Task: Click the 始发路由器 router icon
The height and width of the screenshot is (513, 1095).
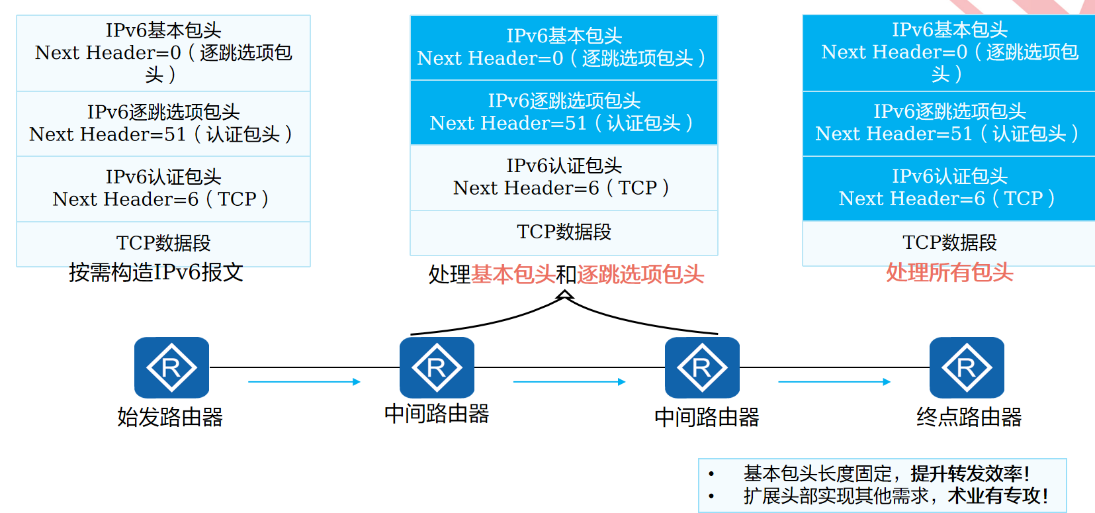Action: pyautogui.click(x=171, y=367)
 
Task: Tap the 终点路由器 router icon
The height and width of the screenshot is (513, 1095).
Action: pyautogui.click(x=967, y=367)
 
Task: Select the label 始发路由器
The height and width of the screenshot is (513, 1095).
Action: pyautogui.click(x=170, y=417)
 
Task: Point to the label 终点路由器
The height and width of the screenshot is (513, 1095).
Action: pyautogui.click(x=969, y=417)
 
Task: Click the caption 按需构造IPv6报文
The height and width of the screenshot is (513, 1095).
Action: pyautogui.click(x=156, y=272)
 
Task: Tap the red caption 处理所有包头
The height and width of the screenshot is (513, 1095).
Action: pyautogui.click(x=949, y=272)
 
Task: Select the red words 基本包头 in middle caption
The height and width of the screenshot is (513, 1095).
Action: pyautogui.click(x=513, y=274)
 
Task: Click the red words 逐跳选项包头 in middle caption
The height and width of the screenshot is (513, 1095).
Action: pyautogui.click(x=640, y=274)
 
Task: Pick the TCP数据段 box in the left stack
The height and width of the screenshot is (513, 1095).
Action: pyautogui.click(x=163, y=243)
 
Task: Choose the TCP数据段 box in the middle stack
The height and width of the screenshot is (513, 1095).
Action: pyautogui.click(x=564, y=232)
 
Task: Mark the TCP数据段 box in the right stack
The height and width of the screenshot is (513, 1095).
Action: pyautogui.click(x=949, y=242)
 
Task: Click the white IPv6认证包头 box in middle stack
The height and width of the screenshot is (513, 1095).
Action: pyautogui.click(x=564, y=177)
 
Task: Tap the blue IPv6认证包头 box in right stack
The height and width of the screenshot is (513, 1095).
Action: pyautogui.click(x=949, y=187)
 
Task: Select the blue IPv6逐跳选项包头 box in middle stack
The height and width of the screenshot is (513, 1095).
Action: pyautogui.click(x=564, y=112)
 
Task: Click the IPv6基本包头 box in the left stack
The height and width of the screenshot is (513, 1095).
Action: pyautogui.click(x=163, y=52)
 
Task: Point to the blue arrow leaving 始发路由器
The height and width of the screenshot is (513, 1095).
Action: pyautogui.click(x=304, y=382)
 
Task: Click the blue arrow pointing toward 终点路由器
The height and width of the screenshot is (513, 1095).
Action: pyautogui.click(x=834, y=382)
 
